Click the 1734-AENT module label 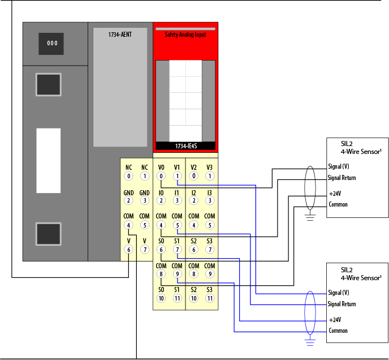click(120, 35)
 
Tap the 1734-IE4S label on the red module click(185, 146)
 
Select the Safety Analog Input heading click(185, 35)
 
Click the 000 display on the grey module click(51, 44)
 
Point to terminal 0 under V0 click(161, 176)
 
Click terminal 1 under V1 click(177, 176)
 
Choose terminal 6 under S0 click(161, 250)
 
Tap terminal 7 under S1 click(177, 250)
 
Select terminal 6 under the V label click(129, 250)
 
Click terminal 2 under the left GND click(129, 200)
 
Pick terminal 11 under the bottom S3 click(210, 298)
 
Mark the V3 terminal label click(210, 168)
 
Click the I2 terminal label click(194, 192)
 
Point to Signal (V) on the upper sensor click(339, 166)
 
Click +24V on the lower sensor click(334, 319)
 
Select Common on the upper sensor click(338, 204)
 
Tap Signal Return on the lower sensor click(342, 304)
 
